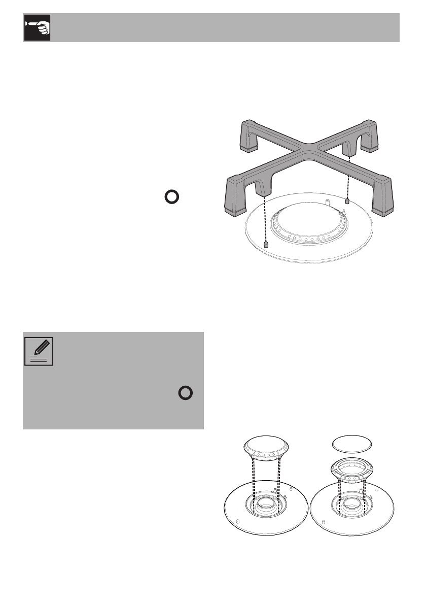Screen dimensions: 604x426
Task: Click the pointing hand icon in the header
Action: (38, 28)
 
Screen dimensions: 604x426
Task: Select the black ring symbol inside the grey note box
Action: (186, 394)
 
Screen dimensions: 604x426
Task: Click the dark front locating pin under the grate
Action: (266, 245)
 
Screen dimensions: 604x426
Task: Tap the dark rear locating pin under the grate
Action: (347, 201)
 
